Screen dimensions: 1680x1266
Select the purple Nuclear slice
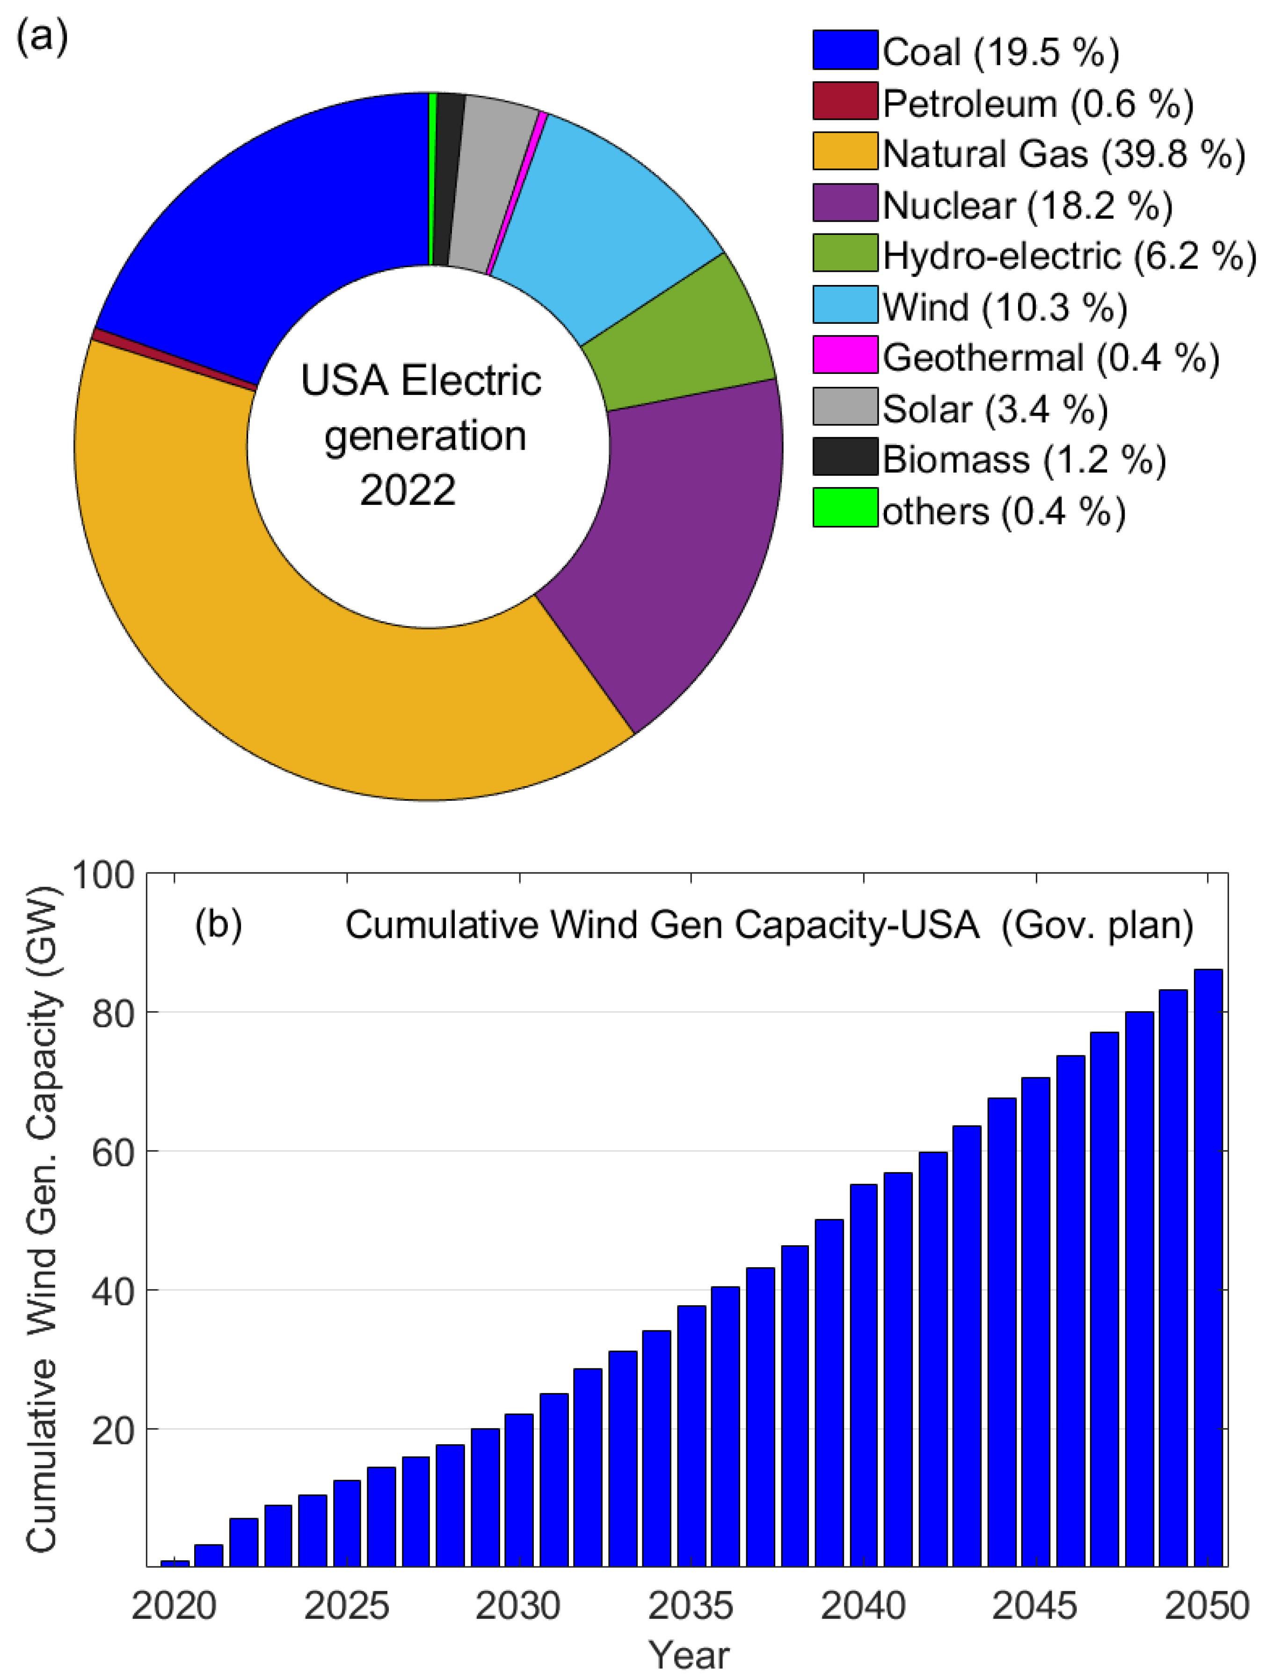click(668, 547)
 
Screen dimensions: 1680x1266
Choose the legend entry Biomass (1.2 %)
click(1023, 459)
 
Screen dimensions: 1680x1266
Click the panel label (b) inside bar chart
click(219, 924)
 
